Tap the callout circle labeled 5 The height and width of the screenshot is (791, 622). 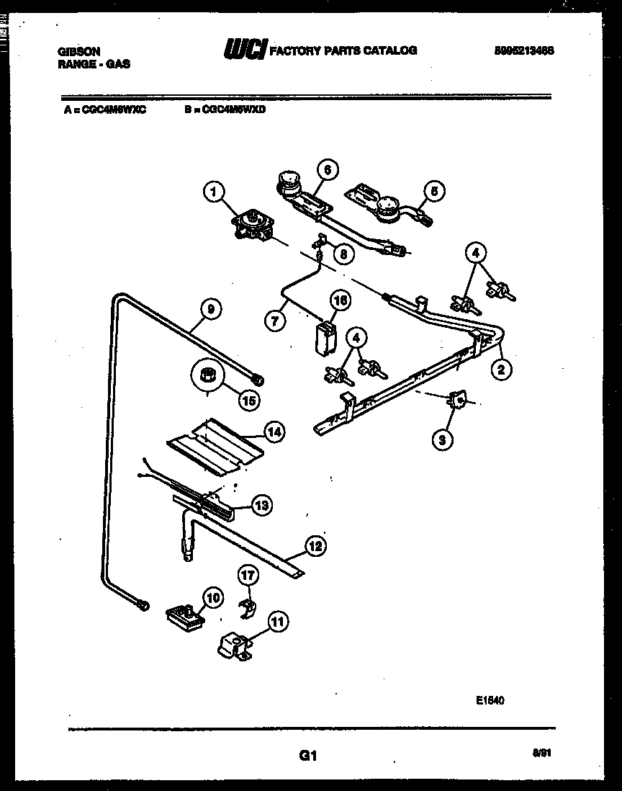click(x=433, y=192)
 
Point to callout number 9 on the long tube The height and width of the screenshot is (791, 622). click(x=211, y=309)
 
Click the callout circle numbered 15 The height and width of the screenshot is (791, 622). click(x=248, y=400)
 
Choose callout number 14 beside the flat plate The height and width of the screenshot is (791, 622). click(x=272, y=432)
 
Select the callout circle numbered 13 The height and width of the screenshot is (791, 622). click(x=263, y=506)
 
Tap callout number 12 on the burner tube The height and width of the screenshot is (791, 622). click(x=314, y=545)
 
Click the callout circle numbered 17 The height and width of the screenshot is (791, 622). click(x=248, y=575)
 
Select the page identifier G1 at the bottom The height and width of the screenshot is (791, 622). click(x=308, y=756)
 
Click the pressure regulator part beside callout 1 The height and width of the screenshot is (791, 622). click(x=253, y=224)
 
